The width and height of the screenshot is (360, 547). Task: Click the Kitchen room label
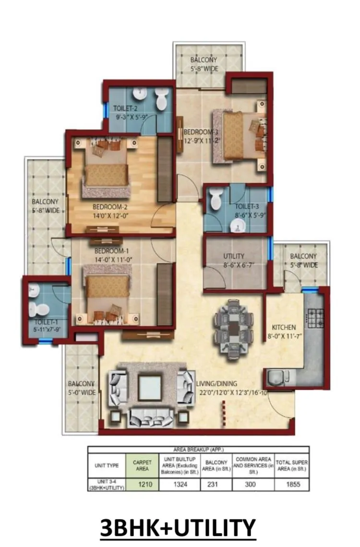point(284,327)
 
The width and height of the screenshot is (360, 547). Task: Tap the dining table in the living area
point(233,329)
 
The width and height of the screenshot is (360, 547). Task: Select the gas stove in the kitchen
point(316,318)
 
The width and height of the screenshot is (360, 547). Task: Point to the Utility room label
point(234,256)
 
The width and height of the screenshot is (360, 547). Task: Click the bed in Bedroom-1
point(108,294)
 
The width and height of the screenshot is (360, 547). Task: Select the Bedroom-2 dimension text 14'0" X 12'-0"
point(110,216)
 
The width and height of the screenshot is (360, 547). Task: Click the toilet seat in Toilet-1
point(38,309)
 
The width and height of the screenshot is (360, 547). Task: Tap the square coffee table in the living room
point(150,388)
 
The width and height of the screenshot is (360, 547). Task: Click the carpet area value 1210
point(145,485)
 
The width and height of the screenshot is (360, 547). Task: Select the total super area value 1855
point(293,485)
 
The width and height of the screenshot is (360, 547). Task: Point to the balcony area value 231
point(213,485)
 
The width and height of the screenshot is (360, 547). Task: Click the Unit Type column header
point(107,465)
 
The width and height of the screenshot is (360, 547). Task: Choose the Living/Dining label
point(216,384)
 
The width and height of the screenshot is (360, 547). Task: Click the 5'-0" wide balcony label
point(82,388)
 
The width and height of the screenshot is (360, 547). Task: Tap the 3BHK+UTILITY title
point(178,527)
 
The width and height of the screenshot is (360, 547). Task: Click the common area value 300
point(250,485)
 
